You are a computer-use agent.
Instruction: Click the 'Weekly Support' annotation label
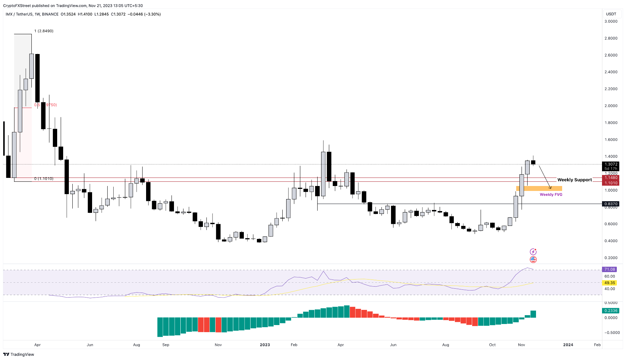[x=574, y=180]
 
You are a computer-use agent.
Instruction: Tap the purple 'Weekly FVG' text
[x=551, y=194]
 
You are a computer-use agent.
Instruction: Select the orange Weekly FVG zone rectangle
[x=539, y=188]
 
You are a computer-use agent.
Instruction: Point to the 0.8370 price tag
[x=611, y=204]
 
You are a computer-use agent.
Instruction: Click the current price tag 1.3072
[x=611, y=164]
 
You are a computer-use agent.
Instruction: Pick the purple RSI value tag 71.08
[x=610, y=269]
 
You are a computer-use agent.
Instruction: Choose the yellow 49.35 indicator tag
[x=610, y=283]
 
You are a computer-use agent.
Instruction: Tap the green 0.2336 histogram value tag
[x=611, y=311]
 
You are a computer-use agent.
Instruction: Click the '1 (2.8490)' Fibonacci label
[x=44, y=31]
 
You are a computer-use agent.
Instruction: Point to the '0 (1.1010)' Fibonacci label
[x=44, y=179]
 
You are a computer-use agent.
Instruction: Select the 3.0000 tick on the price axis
[x=611, y=22]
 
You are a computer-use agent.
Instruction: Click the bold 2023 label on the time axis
[x=265, y=345]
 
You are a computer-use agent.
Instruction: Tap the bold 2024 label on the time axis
[x=568, y=345]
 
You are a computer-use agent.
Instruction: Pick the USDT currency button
[x=611, y=14]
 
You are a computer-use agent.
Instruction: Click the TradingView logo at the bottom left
[x=19, y=354]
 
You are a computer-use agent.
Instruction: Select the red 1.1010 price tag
[x=611, y=183]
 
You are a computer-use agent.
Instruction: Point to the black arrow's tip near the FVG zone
[x=550, y=188]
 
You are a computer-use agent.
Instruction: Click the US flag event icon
[x=533, y=260]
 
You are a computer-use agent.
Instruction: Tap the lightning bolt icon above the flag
[x=533, y=252]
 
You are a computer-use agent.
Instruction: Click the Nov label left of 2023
[x=218, y=345]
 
